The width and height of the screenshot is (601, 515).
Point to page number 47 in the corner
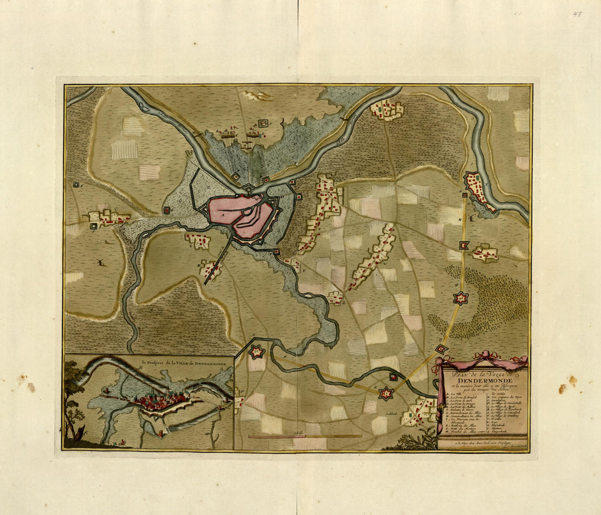577,14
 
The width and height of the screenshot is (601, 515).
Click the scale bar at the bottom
304,436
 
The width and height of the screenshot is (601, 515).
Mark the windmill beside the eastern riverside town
467,217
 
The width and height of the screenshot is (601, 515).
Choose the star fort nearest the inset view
256,352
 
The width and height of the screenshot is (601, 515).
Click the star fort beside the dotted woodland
462,298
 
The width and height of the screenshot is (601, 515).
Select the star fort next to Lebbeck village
387,393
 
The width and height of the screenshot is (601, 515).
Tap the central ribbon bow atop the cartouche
482,356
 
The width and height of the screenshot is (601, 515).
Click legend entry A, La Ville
456,393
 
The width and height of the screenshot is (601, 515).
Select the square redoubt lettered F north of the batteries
263,123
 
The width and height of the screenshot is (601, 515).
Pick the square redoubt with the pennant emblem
464,246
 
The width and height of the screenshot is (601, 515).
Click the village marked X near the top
387,110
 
